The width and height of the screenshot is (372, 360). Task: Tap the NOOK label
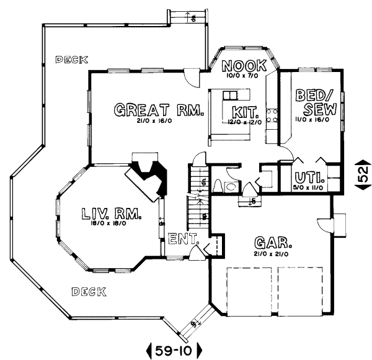(244, 65)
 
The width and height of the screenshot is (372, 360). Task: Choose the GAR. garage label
(272, 241)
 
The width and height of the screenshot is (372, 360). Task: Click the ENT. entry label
(183, 238)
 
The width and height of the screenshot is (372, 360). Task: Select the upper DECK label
(71, 60)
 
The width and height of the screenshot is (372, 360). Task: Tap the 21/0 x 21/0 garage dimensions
(272, 254)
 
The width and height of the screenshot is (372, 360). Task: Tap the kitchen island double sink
(231, 95)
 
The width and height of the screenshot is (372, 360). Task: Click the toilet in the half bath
(218, 186)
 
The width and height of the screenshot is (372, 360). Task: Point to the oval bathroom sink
(230, 186)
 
